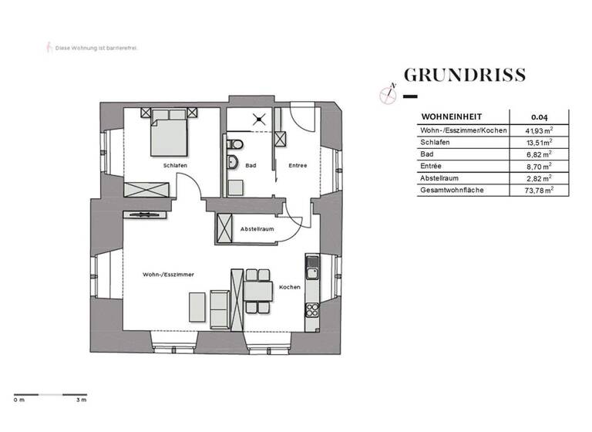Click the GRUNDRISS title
tap(465, 75)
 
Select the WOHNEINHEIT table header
tap(446, 117)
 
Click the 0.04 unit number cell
tap(540, 117)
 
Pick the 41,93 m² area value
tap(540, 130)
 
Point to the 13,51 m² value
tap(540, 143)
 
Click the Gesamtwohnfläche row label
tap(451, 189)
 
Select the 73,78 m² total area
tap(540, 189)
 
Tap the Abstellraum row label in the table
tap(442, 177)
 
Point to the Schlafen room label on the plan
tap(173, 166)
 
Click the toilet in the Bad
tap(234, 144)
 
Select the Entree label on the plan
tap(298, 166)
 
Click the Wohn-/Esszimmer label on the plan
tap(167, 275)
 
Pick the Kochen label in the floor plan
tap(289, 287)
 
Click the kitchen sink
tap(312, 269)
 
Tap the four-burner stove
tap(312, 310)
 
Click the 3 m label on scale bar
tap(80, 400)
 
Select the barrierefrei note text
tap(96, 48)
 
